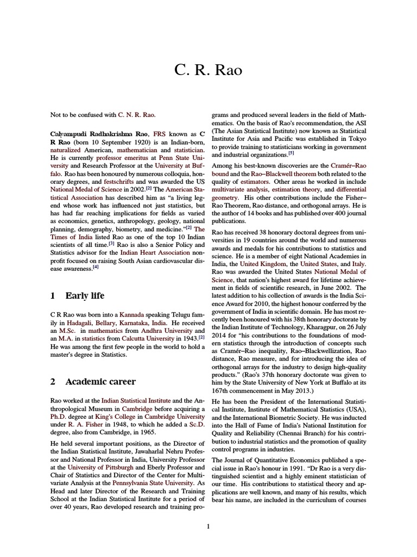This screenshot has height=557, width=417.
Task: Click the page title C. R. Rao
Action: (x=208, y=70)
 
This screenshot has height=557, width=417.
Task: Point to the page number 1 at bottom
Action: (x=208, y=526)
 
